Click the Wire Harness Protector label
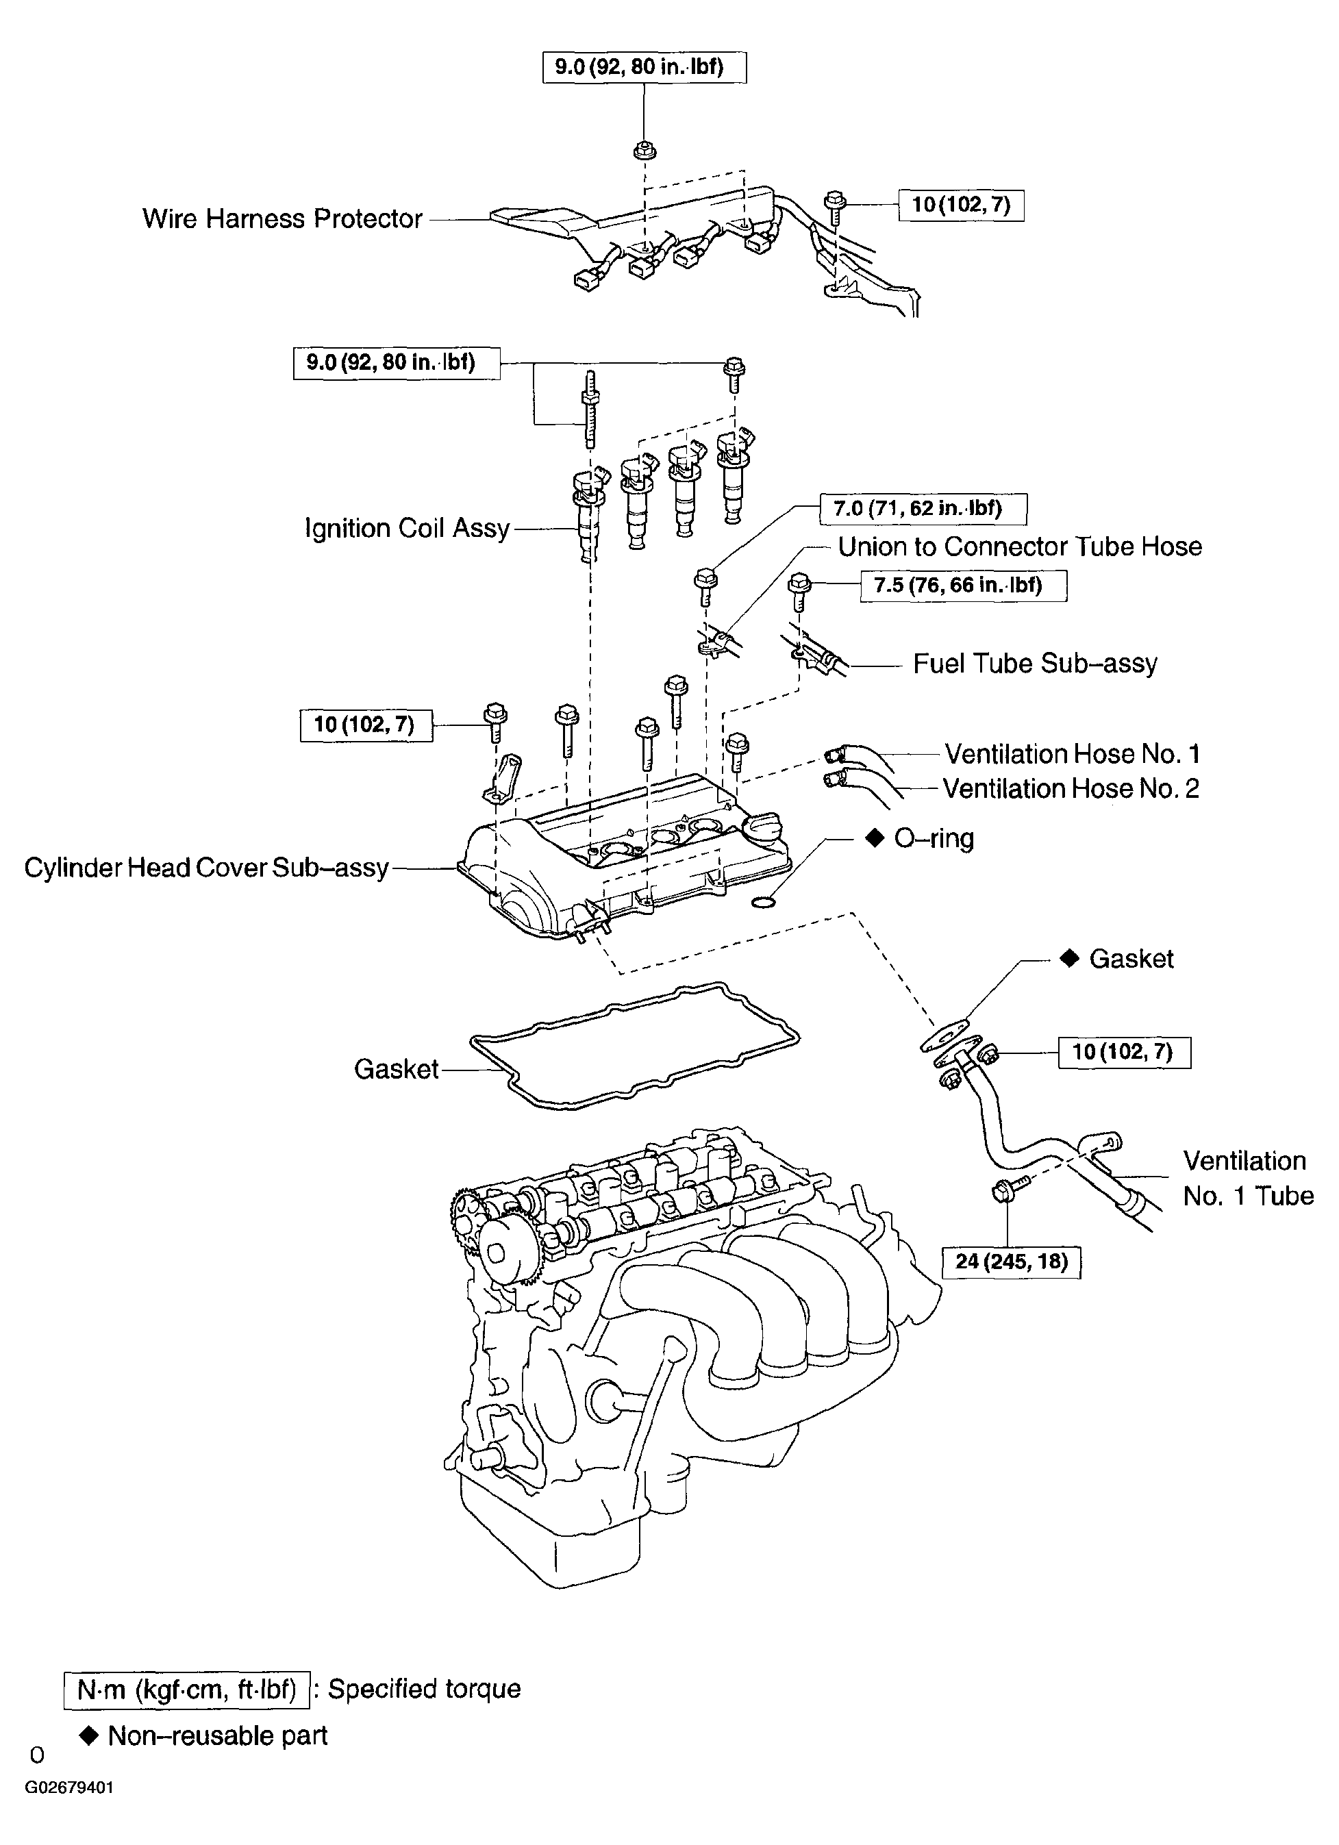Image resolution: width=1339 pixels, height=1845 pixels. click(x=282, y=219)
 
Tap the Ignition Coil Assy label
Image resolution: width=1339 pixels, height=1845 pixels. click(x=407, y=529)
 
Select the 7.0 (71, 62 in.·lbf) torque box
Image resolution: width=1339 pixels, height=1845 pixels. click(x=923, y=510)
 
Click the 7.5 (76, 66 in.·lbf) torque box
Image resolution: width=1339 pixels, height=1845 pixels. click(x=963, y=585)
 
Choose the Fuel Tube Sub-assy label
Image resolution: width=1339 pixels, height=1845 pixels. click(x=1035, y=664)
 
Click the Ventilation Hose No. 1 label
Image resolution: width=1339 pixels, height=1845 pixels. click(x=1072, y=754)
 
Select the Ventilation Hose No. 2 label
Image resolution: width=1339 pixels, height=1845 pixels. click(x=1071, y=788)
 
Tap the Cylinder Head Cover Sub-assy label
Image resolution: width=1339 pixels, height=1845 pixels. click(x=207, y=868)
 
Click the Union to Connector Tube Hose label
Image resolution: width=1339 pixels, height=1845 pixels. click(x=1020, y=547)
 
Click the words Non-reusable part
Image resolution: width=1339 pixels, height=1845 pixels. click(x=217, y=1736)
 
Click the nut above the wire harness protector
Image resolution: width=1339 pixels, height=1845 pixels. click(x=645, y=150)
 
